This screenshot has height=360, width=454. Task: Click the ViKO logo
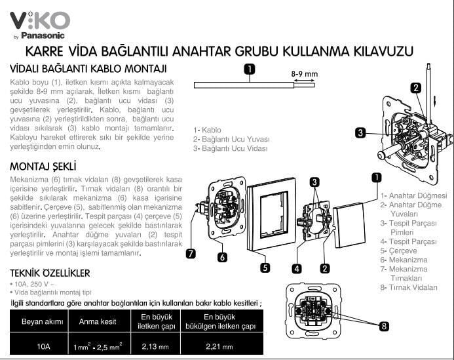[x=39, y=18]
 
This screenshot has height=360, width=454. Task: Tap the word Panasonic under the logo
[x=43, y=35]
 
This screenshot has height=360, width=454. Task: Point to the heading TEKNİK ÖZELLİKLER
[x=50, y=273]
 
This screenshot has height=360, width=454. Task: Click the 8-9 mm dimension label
[x=303, y=75]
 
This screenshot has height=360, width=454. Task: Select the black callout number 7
[x=190, y=254]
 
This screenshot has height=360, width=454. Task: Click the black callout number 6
[x=223, y=258]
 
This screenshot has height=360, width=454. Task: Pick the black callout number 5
[x=265, y=268]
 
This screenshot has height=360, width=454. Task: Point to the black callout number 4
[x=297, y=268]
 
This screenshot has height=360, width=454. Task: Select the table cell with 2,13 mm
[x=155, y=346]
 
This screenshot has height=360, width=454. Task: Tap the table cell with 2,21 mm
[x=220, y=346]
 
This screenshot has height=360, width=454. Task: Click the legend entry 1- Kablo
[x=209, y=130]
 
